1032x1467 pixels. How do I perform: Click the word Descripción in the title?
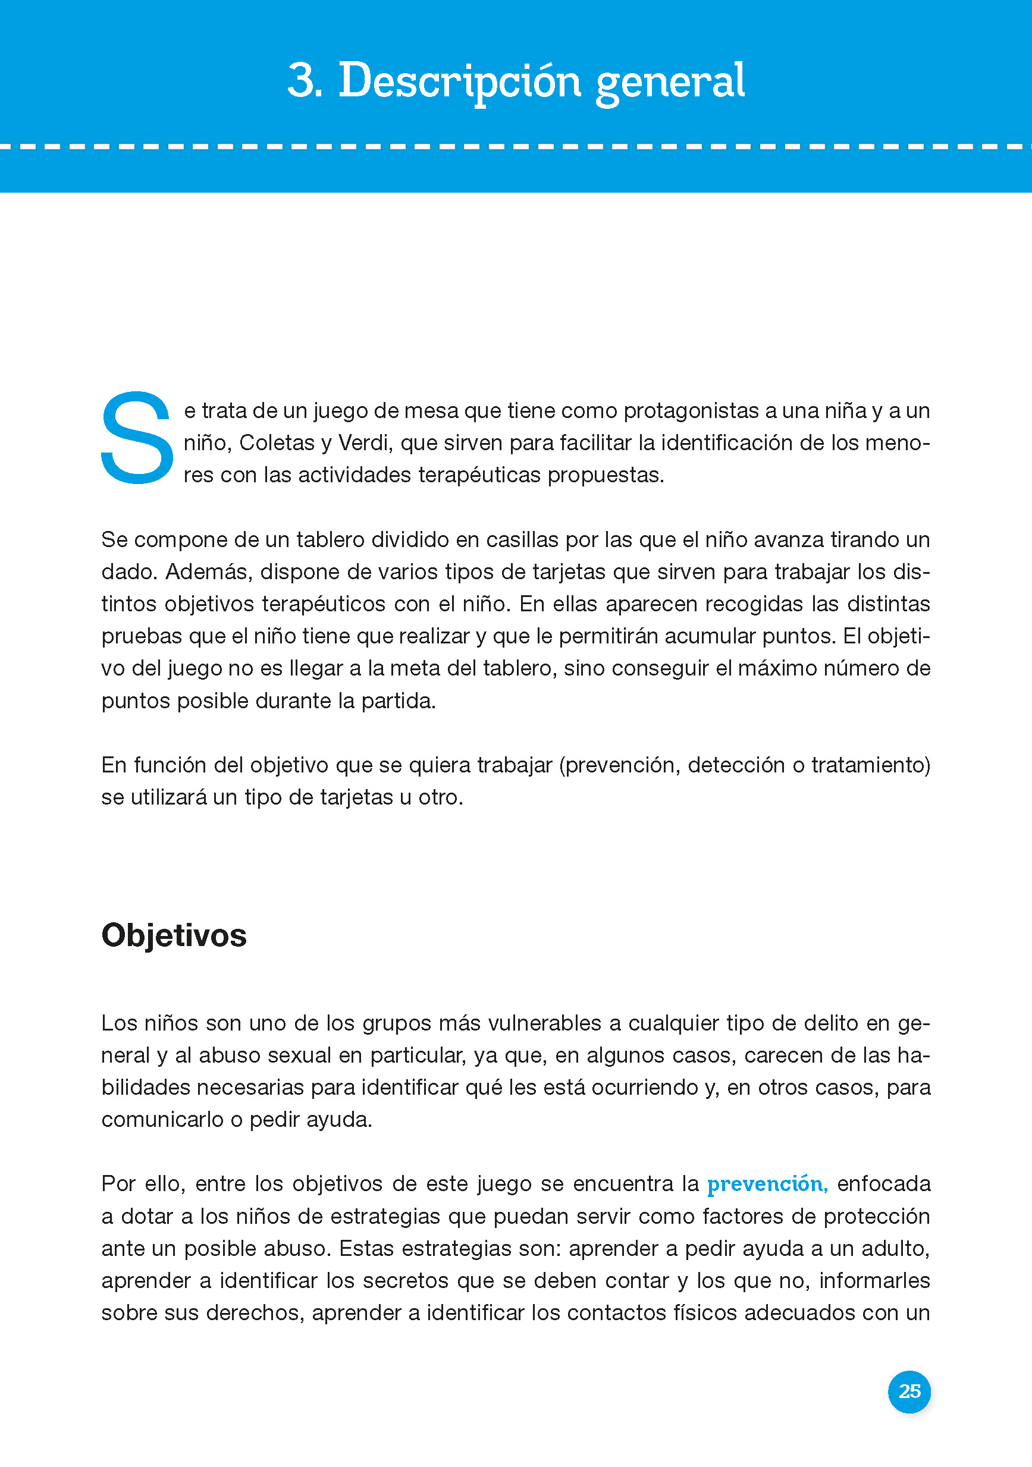(459, 81)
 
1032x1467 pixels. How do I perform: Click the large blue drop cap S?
(137, 438)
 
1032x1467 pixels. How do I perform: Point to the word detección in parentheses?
(736, 765)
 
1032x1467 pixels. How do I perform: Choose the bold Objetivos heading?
(174, 935)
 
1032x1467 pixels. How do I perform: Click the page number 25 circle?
(909, 1391)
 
